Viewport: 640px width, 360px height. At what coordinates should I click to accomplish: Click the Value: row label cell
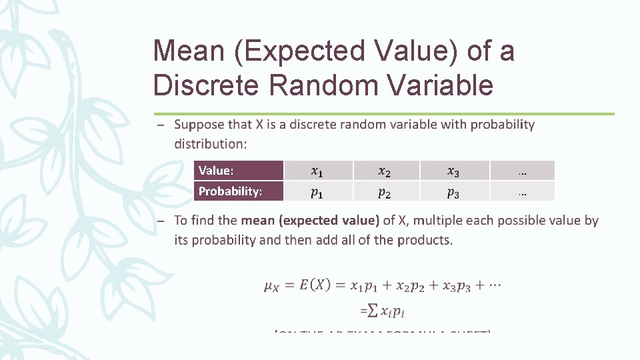(x=239, y=171)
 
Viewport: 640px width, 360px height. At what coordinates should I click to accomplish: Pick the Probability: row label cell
(x=239, y=191)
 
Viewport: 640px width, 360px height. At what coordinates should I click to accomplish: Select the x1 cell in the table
(x=319, y=171)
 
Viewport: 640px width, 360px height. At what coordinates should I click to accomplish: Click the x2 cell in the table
(x=385, y=171)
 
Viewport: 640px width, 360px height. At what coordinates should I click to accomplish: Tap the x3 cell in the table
(x=453, y=171)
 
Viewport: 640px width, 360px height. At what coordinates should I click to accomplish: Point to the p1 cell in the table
(x=319, y=192)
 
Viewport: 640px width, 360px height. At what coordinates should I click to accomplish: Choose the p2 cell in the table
(x=385, y=192)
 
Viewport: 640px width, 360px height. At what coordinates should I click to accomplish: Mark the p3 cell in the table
(x=453, y=192)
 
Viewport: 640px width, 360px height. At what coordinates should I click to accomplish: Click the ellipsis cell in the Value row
(x=522, y=171)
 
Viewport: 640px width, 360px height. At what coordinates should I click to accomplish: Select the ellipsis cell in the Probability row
(x=522, y=192)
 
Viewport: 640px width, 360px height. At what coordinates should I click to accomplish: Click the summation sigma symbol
(x=374, y=310)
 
